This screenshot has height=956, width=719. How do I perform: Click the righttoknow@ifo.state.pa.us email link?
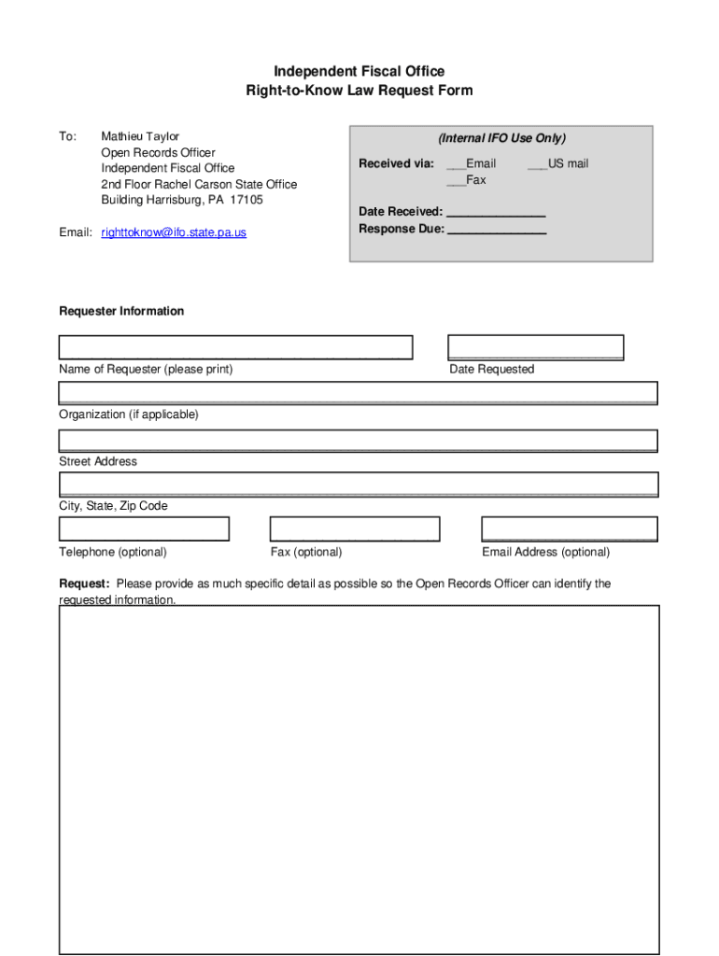pyautogui.click(x=174, y=232)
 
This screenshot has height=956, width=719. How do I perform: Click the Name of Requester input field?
pyautogui.click(x=235, y=347)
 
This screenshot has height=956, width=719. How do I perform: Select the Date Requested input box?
pyautogui.click(x=535, y=347)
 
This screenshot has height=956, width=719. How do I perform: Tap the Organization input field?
pyautogui.click(x=359, y=393)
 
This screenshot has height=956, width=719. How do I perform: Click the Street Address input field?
pyautogui.click(x=359, y=441)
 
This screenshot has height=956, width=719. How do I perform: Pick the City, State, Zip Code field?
pyautogui.click(x=359, y=485)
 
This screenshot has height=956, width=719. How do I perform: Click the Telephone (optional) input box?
pyautogui.click(x=144, y=529)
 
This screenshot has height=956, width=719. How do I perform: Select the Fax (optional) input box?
pyautogui.click(x=354, y=529)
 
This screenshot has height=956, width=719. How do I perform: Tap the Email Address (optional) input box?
pyautogui.click(x=570, y=529)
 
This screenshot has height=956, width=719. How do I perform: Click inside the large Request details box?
pyautogui.click(x=359, y=780)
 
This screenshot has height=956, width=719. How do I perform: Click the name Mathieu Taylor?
pyautogui.click(x=140, y=136)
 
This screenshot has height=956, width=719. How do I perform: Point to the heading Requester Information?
pyautogui.click(x=121, y=311)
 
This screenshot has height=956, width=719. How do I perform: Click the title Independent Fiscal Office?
pyautogui.click(x=359, y=72)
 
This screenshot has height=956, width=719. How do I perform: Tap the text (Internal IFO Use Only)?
pyautogui.click(x=502, y=138)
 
